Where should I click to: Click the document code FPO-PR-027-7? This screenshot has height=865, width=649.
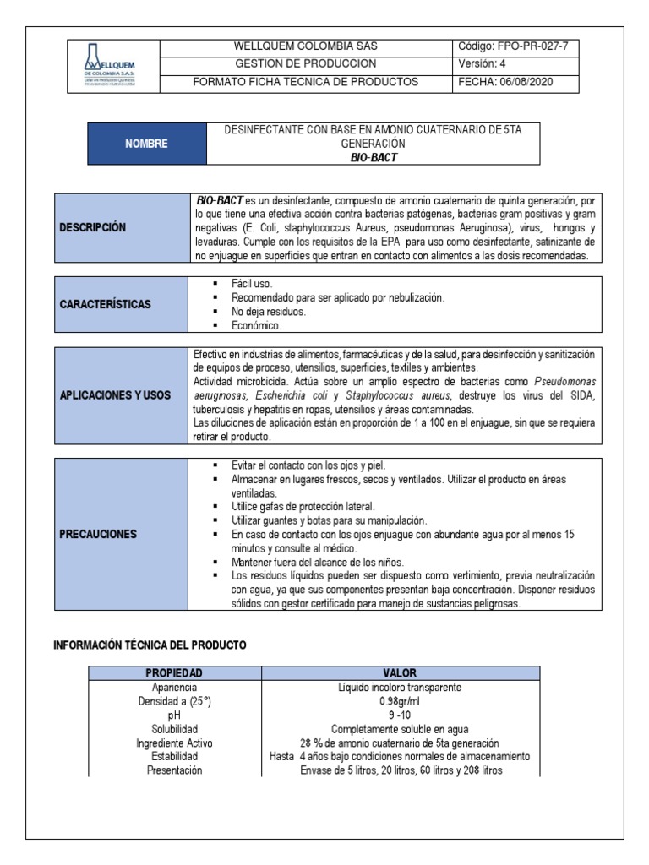[518, 46]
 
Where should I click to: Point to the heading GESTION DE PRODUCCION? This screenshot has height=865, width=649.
[305, 63]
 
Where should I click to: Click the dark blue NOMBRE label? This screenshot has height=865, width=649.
[147, 144]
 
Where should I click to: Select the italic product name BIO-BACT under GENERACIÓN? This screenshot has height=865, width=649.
[374, 156]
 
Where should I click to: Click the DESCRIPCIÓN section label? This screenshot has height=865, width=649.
[92, 227]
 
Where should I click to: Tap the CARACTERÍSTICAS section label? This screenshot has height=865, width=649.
[105, 304]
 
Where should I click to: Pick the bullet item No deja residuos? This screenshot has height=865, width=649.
[269, 312]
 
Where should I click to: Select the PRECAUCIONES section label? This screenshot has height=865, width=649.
[98, 534]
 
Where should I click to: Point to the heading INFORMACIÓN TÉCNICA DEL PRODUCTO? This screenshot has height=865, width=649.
[150, 645]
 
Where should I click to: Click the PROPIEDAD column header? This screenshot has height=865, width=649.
[174, 672]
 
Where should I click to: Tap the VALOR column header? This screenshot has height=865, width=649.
[400, 672]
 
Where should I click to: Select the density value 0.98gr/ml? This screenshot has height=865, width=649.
[400, 701]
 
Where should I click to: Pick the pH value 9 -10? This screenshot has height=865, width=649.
[400, 715]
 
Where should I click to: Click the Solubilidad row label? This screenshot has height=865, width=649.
[174, 729]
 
